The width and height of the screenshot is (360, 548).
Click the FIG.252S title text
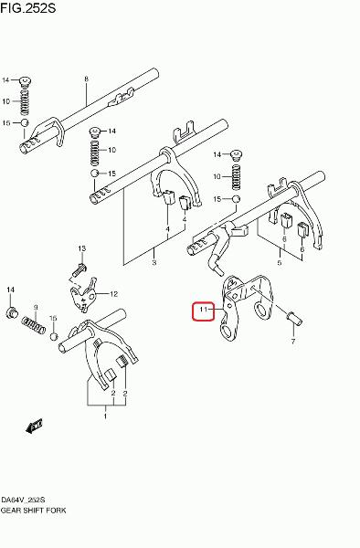(28, 7)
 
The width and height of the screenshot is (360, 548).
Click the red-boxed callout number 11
(204, 309)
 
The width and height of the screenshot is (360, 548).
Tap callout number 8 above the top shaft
(86, 79)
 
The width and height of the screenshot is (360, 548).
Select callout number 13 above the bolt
(81, 248)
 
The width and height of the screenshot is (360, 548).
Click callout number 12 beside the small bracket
(114, 294)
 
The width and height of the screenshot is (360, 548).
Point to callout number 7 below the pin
(293, 341)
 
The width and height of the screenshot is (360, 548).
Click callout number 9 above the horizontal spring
(36, 307)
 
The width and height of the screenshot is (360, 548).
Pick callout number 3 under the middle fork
(154, 262)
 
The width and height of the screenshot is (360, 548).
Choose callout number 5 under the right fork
(280, 262)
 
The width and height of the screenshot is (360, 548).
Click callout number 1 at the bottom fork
(105, 416)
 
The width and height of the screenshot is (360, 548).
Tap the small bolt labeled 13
(80, 269)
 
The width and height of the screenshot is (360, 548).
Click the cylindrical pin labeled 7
(294, 319)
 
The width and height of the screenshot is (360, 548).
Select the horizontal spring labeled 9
(33, 324)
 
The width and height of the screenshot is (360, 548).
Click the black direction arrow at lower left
(34, 426)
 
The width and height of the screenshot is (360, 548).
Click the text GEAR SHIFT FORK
(33, 511)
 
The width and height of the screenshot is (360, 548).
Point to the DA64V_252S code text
(23, 500)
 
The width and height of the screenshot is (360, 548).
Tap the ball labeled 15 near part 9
(53, 336)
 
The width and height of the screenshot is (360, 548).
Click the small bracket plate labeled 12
(83, 294)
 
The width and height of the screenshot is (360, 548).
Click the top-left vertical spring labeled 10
(25, 101)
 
